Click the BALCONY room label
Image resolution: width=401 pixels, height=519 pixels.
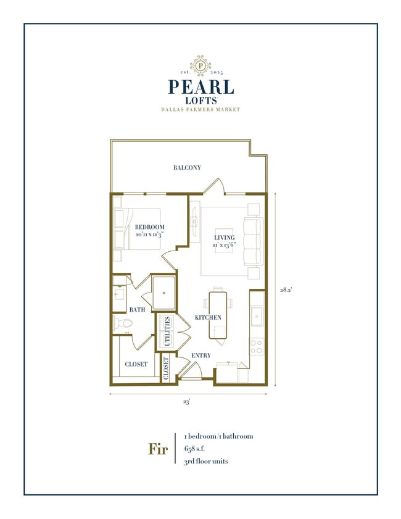(x=187, y=168)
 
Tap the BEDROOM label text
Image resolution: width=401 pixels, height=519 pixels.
(x=150, y=227)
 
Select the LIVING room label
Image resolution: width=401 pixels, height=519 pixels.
(x=224, y=238)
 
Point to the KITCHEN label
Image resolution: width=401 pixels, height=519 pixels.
(x=208, y=317)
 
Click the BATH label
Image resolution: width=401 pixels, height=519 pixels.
(x=137, y=309)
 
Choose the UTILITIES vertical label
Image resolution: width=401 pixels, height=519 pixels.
(x=165, y=331)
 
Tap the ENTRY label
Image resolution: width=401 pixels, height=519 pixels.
(x=201, y=355)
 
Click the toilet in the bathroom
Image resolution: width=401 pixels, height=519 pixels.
(x=121, y=323)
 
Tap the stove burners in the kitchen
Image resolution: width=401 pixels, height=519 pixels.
(x=256, y=347)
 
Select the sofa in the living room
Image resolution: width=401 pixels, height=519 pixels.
(x=254, y=239)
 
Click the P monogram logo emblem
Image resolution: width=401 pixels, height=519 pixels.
(x=200, y=64)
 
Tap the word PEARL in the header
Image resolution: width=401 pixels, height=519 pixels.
(x=200, y=86)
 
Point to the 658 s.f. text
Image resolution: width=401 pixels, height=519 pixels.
(x=200, y=449)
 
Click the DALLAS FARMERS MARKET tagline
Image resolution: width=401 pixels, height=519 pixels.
(x=200, y=110)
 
